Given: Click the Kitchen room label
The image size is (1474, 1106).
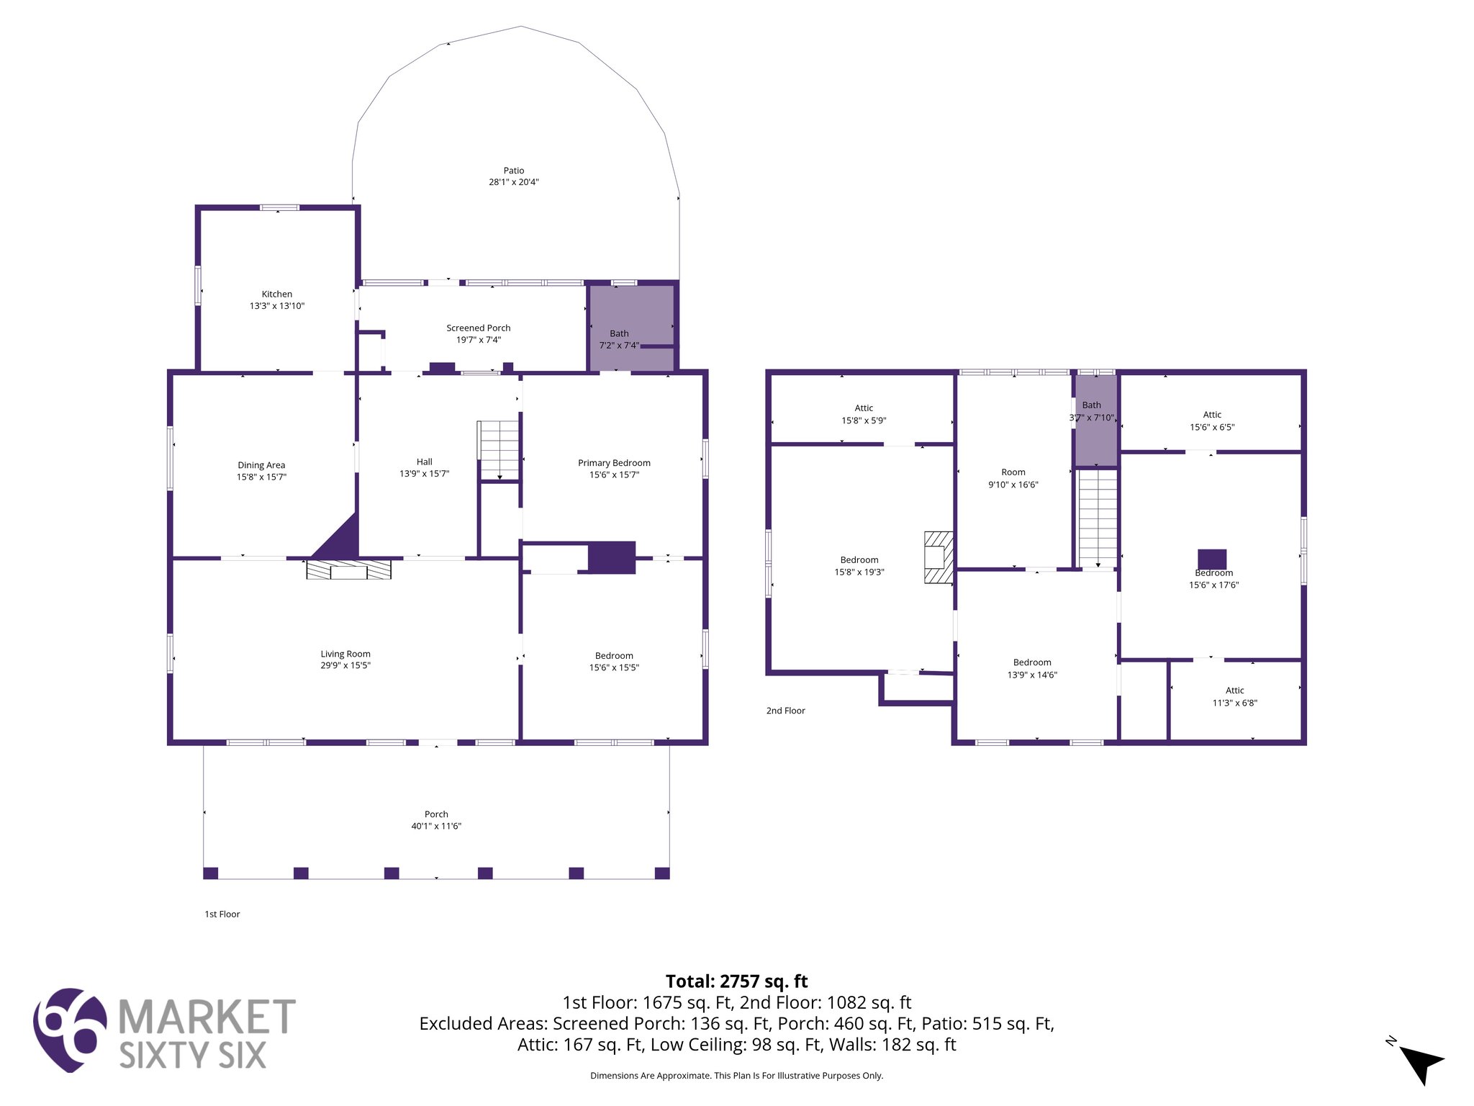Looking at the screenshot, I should pyautogui.click(x=277, y=295).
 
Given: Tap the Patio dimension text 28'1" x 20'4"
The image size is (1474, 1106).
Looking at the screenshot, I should pyautogui.click(x=514, y=182).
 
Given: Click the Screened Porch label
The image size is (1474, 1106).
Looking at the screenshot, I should pyautogui.click(x=478, y=328).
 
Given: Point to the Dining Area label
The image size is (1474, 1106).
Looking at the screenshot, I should pyautogui.click(x=261, y=465).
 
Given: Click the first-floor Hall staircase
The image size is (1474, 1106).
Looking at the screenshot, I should pyautogui.click(x=499, y=450).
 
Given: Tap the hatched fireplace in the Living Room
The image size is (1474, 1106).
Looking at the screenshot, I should pyautogui.click(x=349, y=569).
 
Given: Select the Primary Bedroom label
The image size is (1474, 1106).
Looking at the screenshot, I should pyautogui.click(x=614, y=463).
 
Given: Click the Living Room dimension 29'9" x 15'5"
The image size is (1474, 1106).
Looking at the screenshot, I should pyautogui.click(x=345, y=665).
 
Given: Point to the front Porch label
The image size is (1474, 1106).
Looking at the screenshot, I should pyautogui.click(x=436, y=814).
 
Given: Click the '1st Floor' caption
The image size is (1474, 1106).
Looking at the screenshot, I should pyautogui.click(x=222, y=914).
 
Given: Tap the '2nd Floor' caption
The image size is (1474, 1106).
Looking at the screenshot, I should pyautogui.click(x=785, y=711).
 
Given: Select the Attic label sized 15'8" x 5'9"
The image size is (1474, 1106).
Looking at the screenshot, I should pyautogui.click(x=864, y=408).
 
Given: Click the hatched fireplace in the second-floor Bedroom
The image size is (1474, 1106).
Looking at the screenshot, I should pyautogui.click(x=939, y=557).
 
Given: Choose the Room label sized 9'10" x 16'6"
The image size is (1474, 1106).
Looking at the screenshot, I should pyautogui.click(x=1013, y=472).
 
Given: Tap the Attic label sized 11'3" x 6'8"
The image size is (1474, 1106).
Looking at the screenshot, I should pyautogui.click(x=1234, y=691).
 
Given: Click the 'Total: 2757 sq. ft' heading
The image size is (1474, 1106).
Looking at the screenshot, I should pyautogui.click(x=736, y=981).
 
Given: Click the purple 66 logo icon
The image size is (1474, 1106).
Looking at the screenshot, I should pyautogui.click(x=70, y=1030).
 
